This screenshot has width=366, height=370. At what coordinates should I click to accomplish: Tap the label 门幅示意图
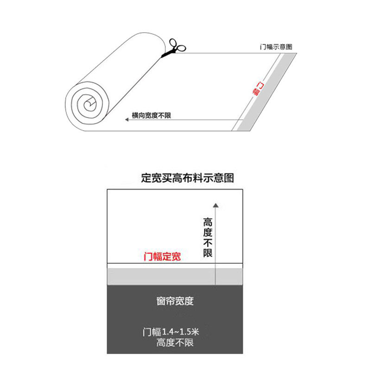[x=276, y=47]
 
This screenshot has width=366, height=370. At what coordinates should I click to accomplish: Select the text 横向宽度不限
[x=151, y=115]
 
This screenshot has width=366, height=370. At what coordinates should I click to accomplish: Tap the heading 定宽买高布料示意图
[x=187, y=178]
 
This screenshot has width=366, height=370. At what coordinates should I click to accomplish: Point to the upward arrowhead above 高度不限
[x=215, y=205]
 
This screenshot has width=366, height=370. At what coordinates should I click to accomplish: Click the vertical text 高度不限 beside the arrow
[x=207, y=237]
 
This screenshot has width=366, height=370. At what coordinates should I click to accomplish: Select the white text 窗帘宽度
[x=175, y=302]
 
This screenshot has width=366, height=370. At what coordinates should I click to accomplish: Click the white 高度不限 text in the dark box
[x=175, y=343]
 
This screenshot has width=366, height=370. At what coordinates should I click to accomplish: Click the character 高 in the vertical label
[x=207, y=222]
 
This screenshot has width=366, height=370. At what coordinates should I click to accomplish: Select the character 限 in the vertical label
[x=207, y=253]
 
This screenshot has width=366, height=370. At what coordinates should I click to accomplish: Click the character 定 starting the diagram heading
[x=146, y=178]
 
